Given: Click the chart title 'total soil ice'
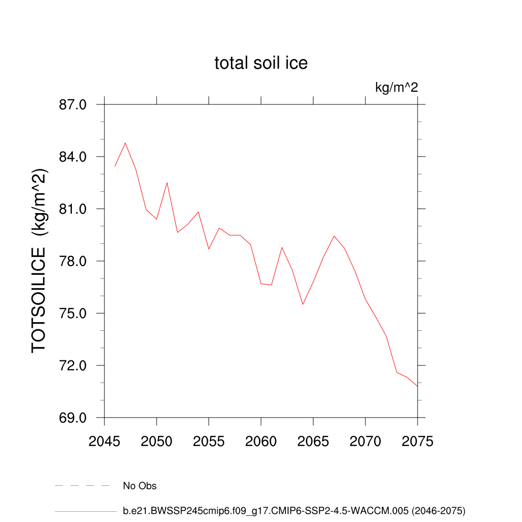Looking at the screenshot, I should [261, 63].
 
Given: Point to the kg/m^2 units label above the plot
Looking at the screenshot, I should [397, 88].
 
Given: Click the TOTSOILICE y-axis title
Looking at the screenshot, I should [40, 261].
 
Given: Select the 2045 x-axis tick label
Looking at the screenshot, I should [105, 441].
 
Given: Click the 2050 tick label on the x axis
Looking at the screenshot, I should [156, 441].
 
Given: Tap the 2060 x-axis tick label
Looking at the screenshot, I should [261, 441].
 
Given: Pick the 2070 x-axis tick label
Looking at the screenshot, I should [366, 441].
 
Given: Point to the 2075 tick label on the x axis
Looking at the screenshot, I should [417, 441].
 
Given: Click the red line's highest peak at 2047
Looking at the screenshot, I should [125, 143].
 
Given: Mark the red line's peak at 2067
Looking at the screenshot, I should [334, 236].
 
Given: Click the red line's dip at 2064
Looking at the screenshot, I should [303, 304].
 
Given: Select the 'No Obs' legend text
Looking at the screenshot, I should [140, 486].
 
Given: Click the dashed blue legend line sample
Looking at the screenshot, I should [83, 486].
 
